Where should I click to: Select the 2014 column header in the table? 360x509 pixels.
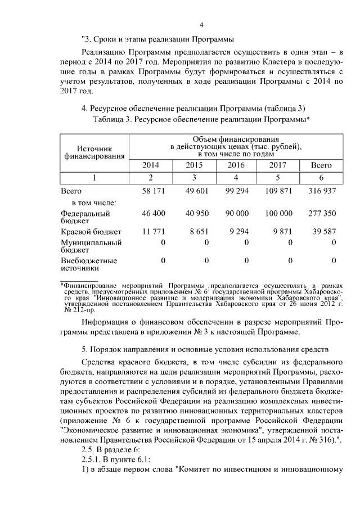(x=150, y=165)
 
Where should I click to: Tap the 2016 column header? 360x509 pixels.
(x=236, y=165)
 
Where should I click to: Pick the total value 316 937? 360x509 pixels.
(x=322, y=191)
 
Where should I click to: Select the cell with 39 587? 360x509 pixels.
(x=323, y=231)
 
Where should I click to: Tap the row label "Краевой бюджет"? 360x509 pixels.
(x=85, y=231)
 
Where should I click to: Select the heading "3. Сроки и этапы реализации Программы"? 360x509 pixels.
(x=158, y=39)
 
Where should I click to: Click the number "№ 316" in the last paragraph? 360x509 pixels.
(x=322, y=429)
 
